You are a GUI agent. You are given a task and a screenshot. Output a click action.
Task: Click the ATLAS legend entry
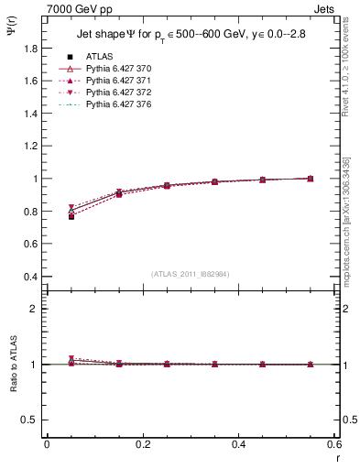(x=100, y=55)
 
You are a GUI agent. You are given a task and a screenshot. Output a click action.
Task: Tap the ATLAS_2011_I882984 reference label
(x=191, y=274)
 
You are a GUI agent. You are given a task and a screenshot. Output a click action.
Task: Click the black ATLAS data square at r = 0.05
(x=71, y=216)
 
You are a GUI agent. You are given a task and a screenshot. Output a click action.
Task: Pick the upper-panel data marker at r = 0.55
(x=311, y=178)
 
